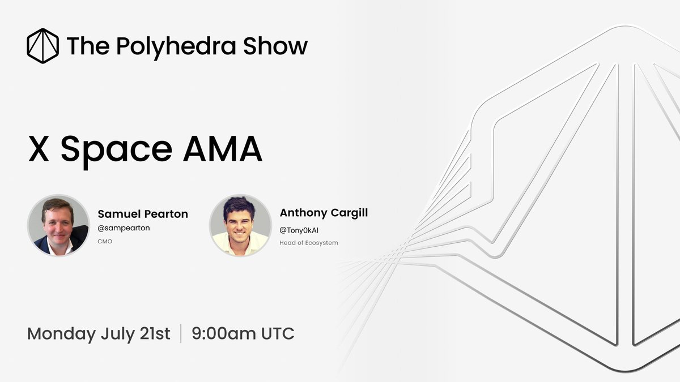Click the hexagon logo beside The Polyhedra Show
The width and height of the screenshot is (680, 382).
pos(43,46)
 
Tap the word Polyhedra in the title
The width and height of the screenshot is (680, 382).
pos(176,47)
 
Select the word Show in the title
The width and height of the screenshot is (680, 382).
pos(275,46)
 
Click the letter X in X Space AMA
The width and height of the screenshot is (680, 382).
pos(39,149)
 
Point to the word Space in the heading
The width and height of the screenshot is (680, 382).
pos(116,152)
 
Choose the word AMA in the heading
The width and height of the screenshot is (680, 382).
pos(223,149)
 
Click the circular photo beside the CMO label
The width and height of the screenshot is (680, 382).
pos(58,226)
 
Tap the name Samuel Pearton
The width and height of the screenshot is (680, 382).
pos(143,214)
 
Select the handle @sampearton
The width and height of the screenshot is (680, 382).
pos(124,228)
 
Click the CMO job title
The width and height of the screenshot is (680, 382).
pos(105,241)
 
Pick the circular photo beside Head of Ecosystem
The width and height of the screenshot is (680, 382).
pos(240,226)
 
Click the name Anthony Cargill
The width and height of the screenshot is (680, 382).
pos(324,213)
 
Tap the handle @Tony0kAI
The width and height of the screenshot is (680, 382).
pos(299,230)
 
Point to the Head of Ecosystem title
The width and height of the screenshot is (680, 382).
pos(309,243)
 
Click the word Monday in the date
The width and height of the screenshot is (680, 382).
pos(62,334)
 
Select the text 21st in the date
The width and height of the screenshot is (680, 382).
pos(155,333)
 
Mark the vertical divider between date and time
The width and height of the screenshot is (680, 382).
pos(181,333)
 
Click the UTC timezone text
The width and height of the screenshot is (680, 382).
pos(278,333)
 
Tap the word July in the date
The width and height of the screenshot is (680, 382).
pos(118,334)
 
